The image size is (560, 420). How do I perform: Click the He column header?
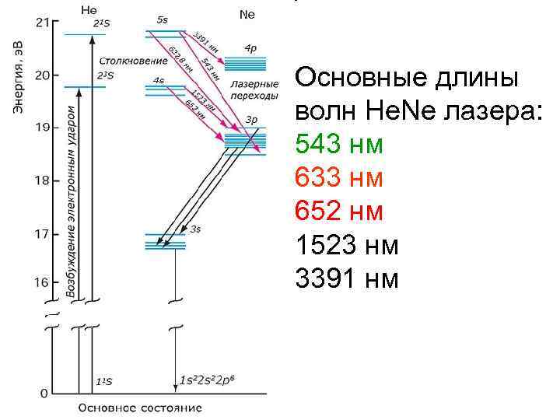coord(89,9)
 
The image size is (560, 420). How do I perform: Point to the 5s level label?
coord(162,17)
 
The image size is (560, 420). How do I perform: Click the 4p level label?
coord(250,48)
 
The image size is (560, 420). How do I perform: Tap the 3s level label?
coord(195,229)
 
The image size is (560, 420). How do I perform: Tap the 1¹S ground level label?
coord(103,382)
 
